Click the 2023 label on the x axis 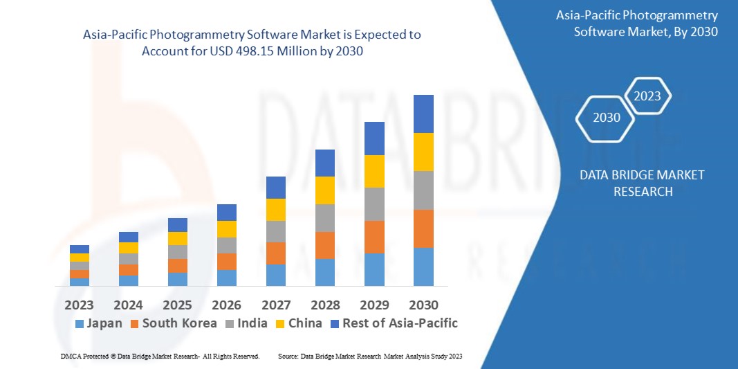click(x=80, y=305)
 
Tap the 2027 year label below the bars click(x=276, y=305)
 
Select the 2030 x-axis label click(x=423, y=305)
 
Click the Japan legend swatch click(x=80, y=323)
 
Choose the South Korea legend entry click(x=179, y=323)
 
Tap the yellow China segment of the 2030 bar click(x=423, y=152)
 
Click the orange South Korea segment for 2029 click(x=374, y=237)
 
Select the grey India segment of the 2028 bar click(x=325, y=218)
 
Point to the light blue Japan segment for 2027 click(x=276, y=275)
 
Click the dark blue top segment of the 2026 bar click(x=227, y=212)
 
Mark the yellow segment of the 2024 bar click(x=129, y=248)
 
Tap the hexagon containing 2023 click(x=647, y=96)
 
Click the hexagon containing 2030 click(x=607, y=118)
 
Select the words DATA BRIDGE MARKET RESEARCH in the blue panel click(x=643, y=183)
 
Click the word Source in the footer click(x=288, y=356)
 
